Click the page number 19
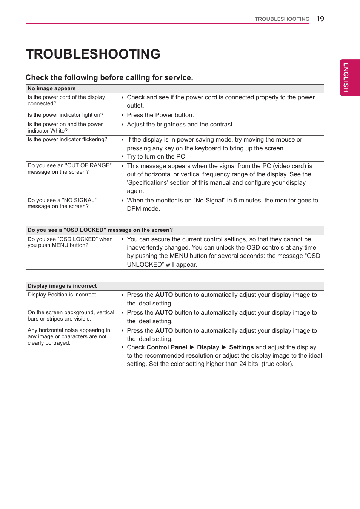tap(320, 19)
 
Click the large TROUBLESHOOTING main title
tap(93, 54)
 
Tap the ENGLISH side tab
tap(346, 77)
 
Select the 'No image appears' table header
tap(52, 88)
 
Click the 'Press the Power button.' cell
tap(160, 115)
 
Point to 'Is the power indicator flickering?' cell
tap(68, 140)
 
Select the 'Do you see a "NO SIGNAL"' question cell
tap(62, 203)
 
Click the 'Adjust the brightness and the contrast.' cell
tap(180, 125)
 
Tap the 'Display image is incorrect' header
tap(62, 286)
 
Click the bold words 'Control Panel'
tap(167, 347)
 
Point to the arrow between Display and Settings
tap(224, 347)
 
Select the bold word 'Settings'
tap(241, 347)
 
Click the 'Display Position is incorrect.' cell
tap(63, 295)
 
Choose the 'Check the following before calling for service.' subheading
tap(109, 77)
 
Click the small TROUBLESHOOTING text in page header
tap(282, 19)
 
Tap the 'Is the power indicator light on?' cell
tap(65, 115)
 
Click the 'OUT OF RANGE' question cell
tap(69, 169)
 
